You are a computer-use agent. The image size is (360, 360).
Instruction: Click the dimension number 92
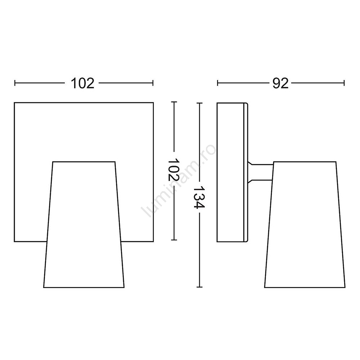280,83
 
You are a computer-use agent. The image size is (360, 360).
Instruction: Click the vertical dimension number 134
199,197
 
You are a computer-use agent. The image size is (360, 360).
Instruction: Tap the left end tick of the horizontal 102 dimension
15,83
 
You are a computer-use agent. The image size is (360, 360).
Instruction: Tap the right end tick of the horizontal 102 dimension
153,83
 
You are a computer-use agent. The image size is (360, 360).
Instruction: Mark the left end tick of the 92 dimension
217,83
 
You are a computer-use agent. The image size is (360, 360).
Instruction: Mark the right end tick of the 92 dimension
344,83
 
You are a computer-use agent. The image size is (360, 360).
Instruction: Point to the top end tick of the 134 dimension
199,103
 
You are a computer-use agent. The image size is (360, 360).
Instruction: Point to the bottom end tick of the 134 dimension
199,287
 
